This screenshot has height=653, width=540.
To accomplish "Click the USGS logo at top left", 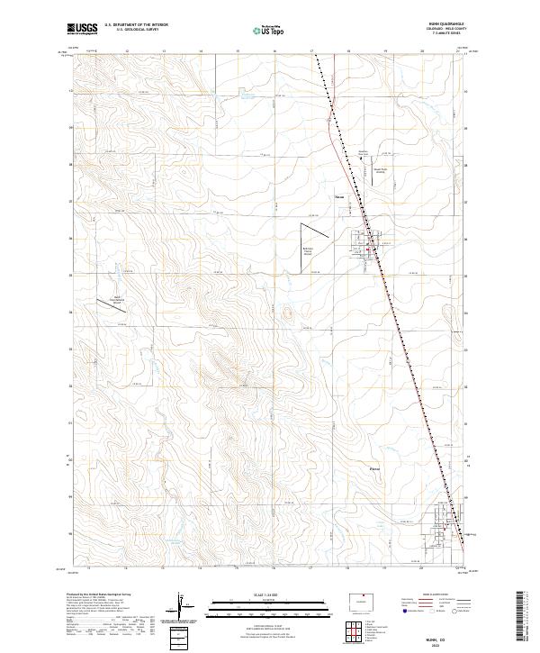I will (x=82, y=29).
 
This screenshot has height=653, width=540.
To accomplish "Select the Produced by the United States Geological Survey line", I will (x=100, y=596).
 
